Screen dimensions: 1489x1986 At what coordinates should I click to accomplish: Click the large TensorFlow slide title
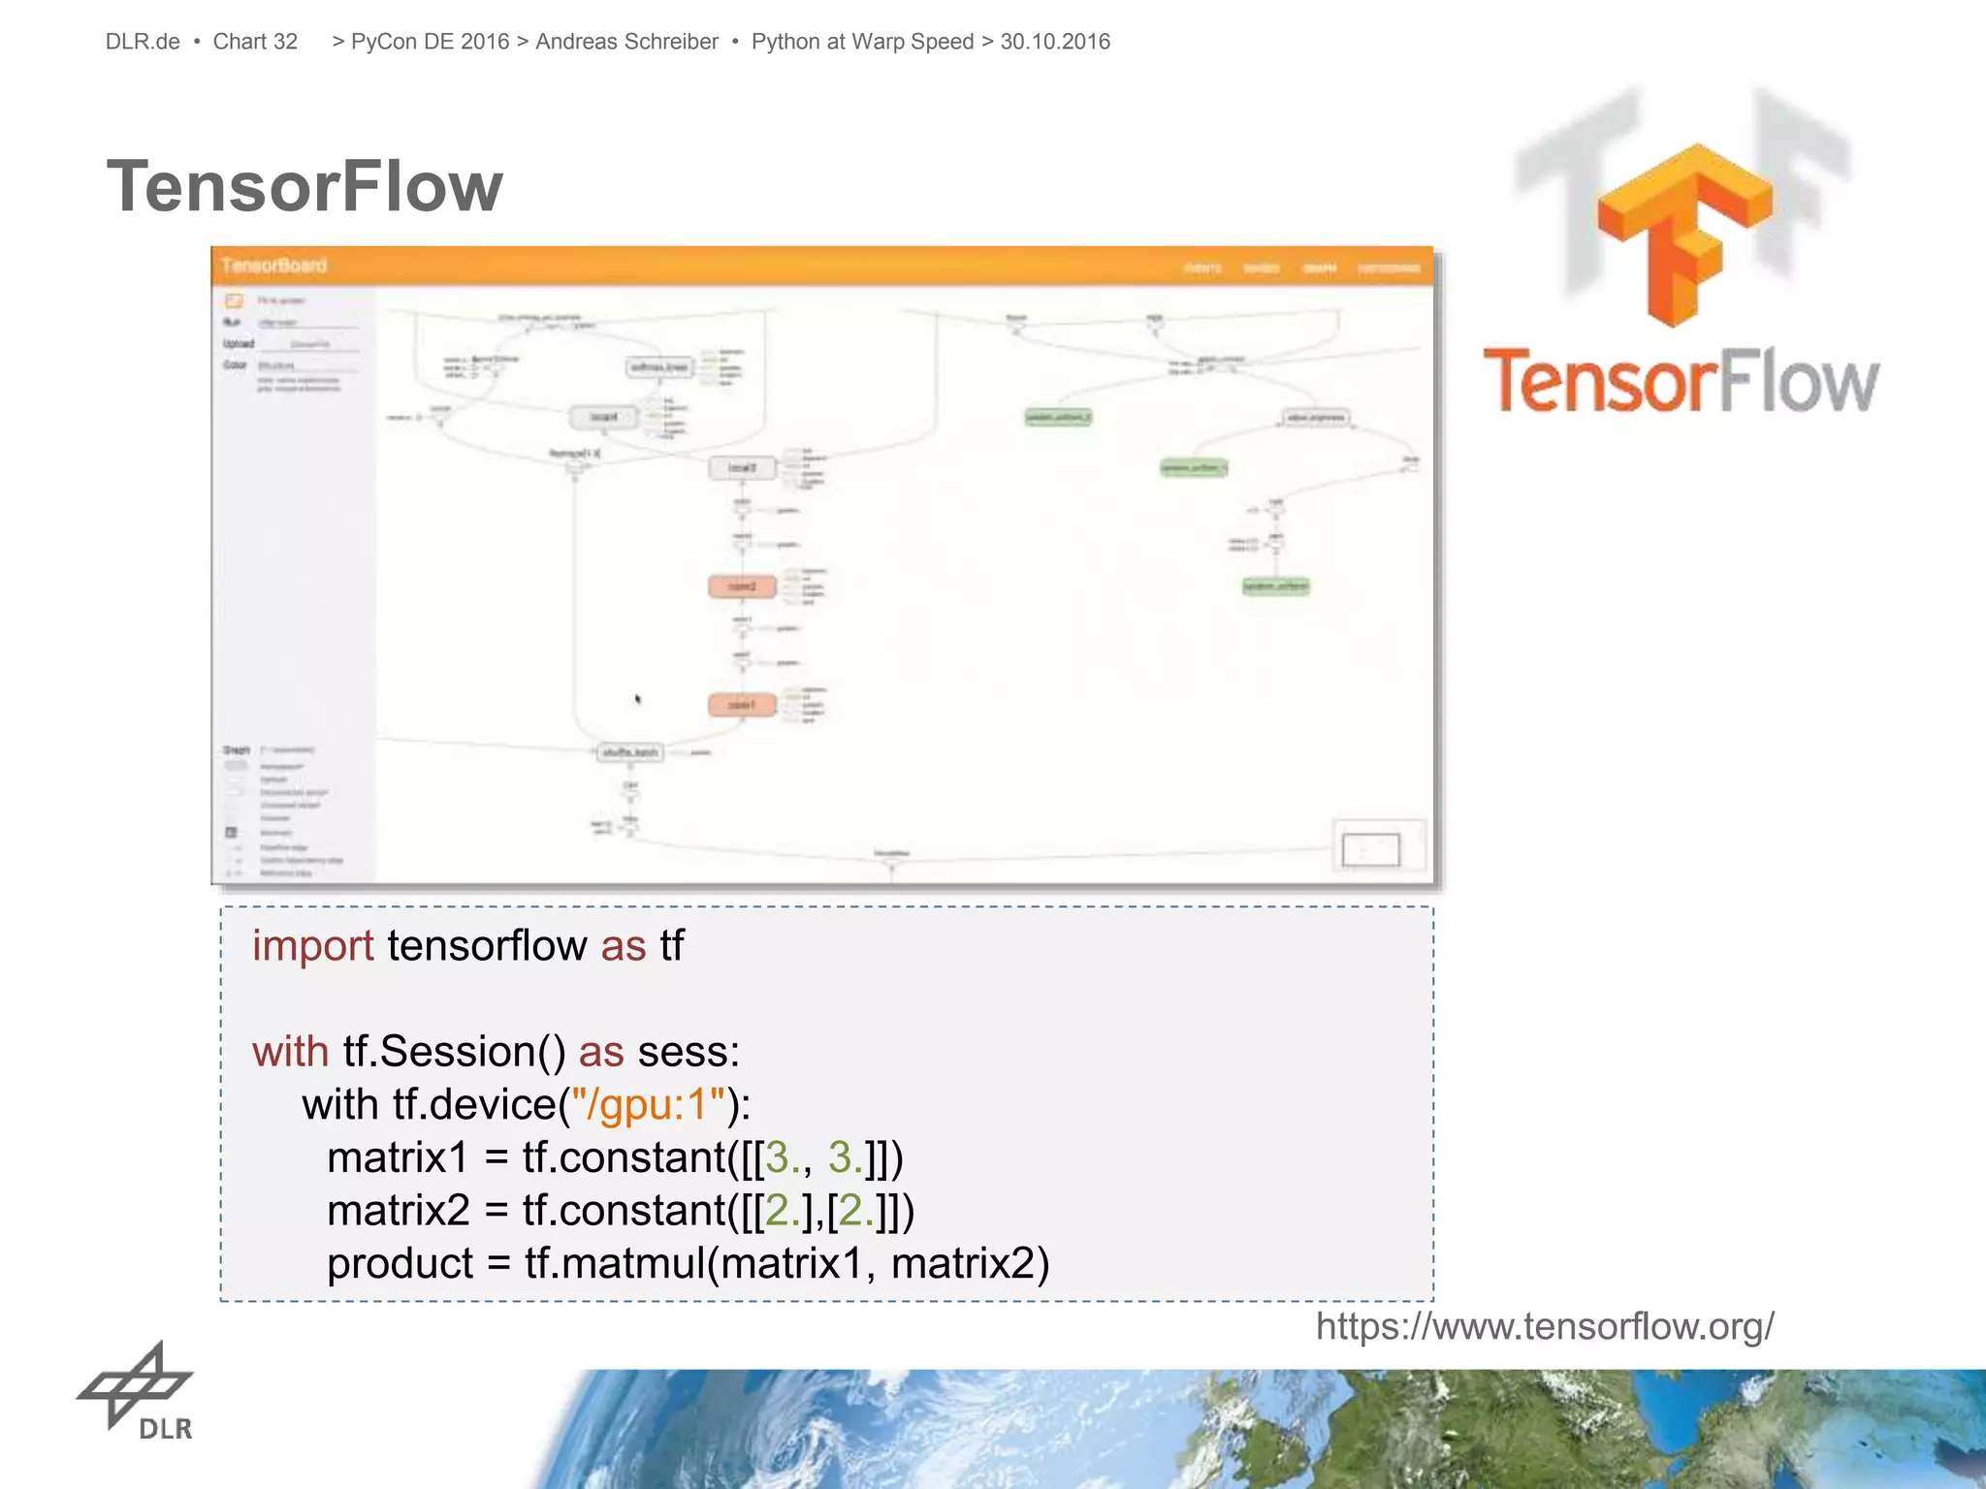coord(304,186)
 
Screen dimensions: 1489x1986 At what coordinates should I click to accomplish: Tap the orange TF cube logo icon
coord(1685,233)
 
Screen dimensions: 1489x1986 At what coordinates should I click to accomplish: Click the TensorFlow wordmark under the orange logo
coord(1681,382)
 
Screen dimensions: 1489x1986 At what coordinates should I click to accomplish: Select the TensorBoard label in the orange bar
coord(274,266)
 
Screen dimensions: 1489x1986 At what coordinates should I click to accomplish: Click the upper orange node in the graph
coord(742,586)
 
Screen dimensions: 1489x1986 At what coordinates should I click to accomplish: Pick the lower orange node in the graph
coord(742,705)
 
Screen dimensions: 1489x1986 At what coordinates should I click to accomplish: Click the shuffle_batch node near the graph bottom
coord(630,752)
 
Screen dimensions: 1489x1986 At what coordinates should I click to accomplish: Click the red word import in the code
coord(312,945)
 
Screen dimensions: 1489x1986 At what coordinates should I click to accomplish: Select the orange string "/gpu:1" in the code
coord(648,1104)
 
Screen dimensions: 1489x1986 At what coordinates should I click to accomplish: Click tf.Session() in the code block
coord(454,1052)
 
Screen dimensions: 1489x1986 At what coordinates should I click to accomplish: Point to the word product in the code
coord(400,1263)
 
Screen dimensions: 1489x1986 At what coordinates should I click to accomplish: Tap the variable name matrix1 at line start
coord(398,1157)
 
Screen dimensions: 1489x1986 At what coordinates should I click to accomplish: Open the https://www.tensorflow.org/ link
coord(1544,1325)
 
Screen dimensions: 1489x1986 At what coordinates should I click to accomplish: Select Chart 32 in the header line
coord(255,42)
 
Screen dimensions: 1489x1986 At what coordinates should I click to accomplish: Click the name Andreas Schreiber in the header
coord(626,42)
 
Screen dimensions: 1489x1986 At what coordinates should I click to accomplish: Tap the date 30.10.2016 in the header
coord(1055,42)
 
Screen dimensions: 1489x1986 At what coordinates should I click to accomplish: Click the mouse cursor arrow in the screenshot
coord(638,699)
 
